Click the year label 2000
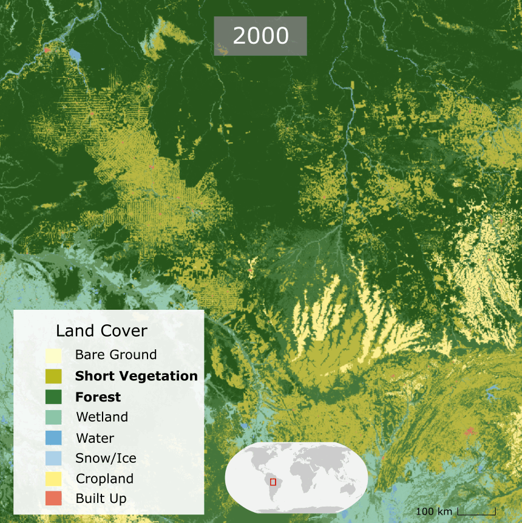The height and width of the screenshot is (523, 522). pos(260,36)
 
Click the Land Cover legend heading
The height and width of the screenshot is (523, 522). pos(101,330)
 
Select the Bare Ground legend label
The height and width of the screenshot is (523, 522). pos(115,355)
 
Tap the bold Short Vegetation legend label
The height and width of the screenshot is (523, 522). pos(136,376)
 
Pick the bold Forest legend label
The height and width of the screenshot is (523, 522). pos(98,397)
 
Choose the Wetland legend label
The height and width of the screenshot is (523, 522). pos(101,417)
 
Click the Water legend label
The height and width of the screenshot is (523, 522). pos(95,438)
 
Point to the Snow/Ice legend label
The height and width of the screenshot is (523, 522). pos(106,458)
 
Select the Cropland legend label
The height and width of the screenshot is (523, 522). pos(104,479)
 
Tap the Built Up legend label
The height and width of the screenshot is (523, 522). pos(101,499)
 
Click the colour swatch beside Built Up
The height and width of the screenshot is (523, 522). pos(53,499)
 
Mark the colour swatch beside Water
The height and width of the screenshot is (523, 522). pos(53,438)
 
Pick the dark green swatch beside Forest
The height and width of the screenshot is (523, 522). pos(53,397)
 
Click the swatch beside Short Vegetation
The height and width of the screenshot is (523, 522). pos(53,376)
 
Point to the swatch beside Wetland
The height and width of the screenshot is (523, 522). pos(53,417)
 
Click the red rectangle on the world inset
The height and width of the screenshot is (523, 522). pos(273,482)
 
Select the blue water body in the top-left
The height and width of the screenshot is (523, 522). pos(75,55)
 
